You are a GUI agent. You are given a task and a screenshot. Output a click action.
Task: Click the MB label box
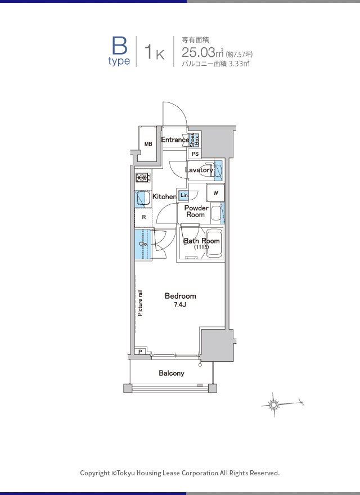point(148,144)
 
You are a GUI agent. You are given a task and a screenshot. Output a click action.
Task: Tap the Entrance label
point(175,139)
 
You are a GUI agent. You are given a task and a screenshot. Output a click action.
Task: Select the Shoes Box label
point(194,140)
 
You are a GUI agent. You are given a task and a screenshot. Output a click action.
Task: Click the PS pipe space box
point(195,154)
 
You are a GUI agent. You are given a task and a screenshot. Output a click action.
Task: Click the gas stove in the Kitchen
point(143,178)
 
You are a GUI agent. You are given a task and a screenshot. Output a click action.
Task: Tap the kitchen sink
point(143,199)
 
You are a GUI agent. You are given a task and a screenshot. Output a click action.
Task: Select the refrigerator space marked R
point(143,217)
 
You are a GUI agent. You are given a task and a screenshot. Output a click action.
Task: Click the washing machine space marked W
point(215,193)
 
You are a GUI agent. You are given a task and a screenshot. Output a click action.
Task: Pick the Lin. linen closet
point(184,195)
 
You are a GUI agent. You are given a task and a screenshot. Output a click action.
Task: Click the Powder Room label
point(196,211)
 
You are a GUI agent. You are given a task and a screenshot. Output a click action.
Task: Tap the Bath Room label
point(201,243)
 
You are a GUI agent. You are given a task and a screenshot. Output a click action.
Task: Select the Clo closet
point(143,244)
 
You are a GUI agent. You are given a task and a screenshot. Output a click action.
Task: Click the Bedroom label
point(181,296)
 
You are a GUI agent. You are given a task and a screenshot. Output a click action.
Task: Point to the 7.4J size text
point(179,305)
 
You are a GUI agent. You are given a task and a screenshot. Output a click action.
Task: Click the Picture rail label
point(140,303)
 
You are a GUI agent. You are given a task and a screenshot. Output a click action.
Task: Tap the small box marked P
point(140,352)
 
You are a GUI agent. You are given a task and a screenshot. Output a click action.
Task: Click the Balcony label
point(172,373)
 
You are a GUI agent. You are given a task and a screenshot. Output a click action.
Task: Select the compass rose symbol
point(274,404)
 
